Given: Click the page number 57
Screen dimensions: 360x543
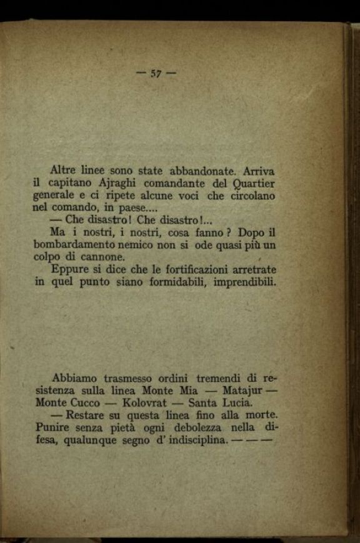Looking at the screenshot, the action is tap(156, 73).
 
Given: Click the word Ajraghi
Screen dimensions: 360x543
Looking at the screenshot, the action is tap(117, 183).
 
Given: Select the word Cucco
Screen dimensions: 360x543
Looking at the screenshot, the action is tap(84, 403).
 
